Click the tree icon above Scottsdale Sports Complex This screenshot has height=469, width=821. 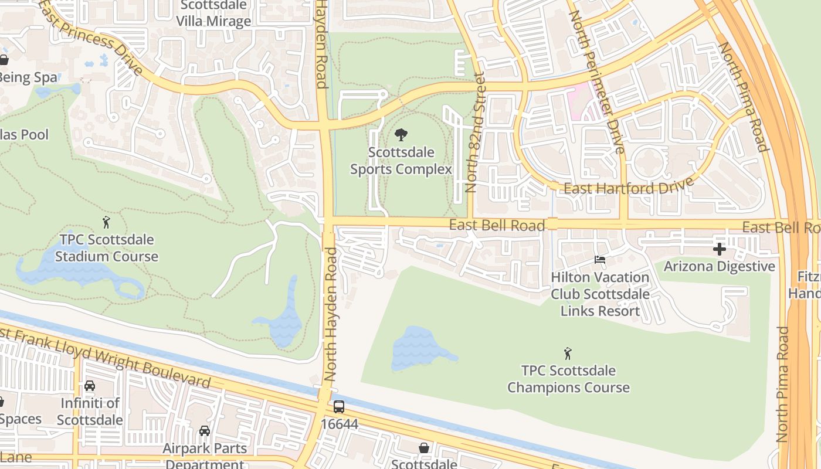coord(401,135)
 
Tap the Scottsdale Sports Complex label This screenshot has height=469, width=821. coord(401,161)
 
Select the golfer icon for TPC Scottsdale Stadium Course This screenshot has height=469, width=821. coord(106,222)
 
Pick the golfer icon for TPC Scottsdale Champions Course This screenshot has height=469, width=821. coord(568,354)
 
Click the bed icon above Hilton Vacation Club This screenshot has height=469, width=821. coord(599,260)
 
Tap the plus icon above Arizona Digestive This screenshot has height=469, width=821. coord(720,249)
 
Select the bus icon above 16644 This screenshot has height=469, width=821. coord(339,406)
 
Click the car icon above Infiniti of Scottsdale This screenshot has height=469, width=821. coord(90,386)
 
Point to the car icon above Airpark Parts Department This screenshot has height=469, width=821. coord(204,431)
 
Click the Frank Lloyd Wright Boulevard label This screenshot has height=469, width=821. coord(106,358)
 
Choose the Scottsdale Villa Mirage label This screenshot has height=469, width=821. coord(213,13)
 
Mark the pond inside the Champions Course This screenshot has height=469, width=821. coord(420,347)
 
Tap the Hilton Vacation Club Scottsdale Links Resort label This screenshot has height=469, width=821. coord(599,294)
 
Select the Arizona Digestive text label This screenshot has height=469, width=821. coord(719,267)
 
